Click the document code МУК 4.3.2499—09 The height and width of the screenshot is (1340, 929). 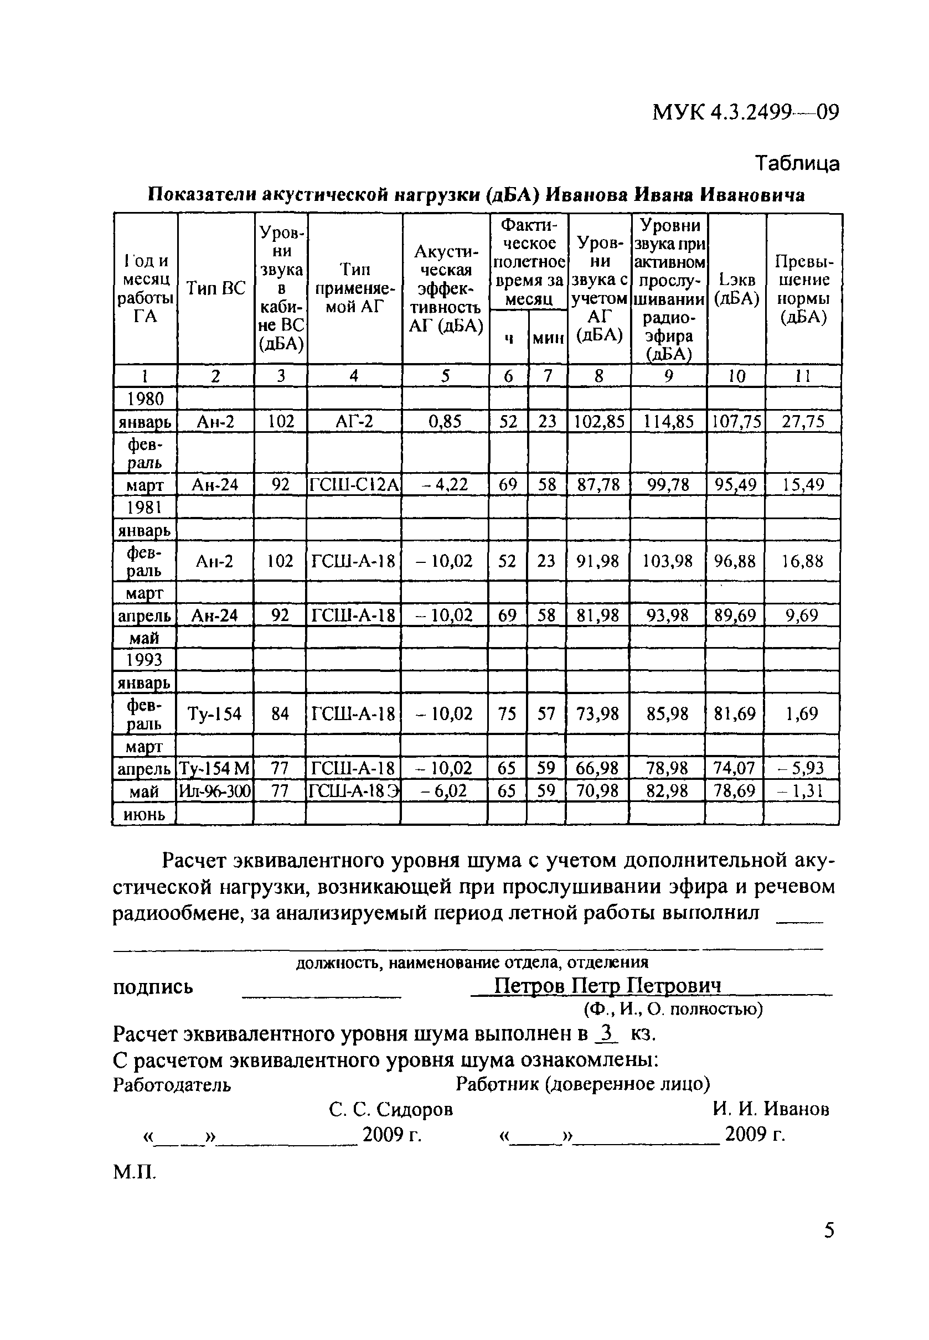point(746,112)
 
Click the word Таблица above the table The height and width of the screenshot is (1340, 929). point(797,163)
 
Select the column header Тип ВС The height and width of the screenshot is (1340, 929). point(216,288)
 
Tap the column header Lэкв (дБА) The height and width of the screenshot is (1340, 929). point(736,288)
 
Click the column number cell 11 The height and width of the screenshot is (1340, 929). point(803,376)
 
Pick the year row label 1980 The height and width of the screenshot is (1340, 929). point(146,399)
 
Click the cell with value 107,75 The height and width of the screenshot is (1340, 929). point(736,421)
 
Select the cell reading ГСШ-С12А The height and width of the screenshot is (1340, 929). point(354,485)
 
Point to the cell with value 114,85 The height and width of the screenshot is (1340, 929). point(668,421)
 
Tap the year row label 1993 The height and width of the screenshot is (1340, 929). point(144,660)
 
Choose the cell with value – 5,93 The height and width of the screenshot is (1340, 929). point(801,769)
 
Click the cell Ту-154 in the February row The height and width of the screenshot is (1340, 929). point(214,713)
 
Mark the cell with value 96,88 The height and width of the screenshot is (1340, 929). point(735,561)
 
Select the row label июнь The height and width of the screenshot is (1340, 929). point(144,815)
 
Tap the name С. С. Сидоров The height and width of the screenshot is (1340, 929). point(390,1109)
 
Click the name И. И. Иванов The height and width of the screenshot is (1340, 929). point(771,1109)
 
